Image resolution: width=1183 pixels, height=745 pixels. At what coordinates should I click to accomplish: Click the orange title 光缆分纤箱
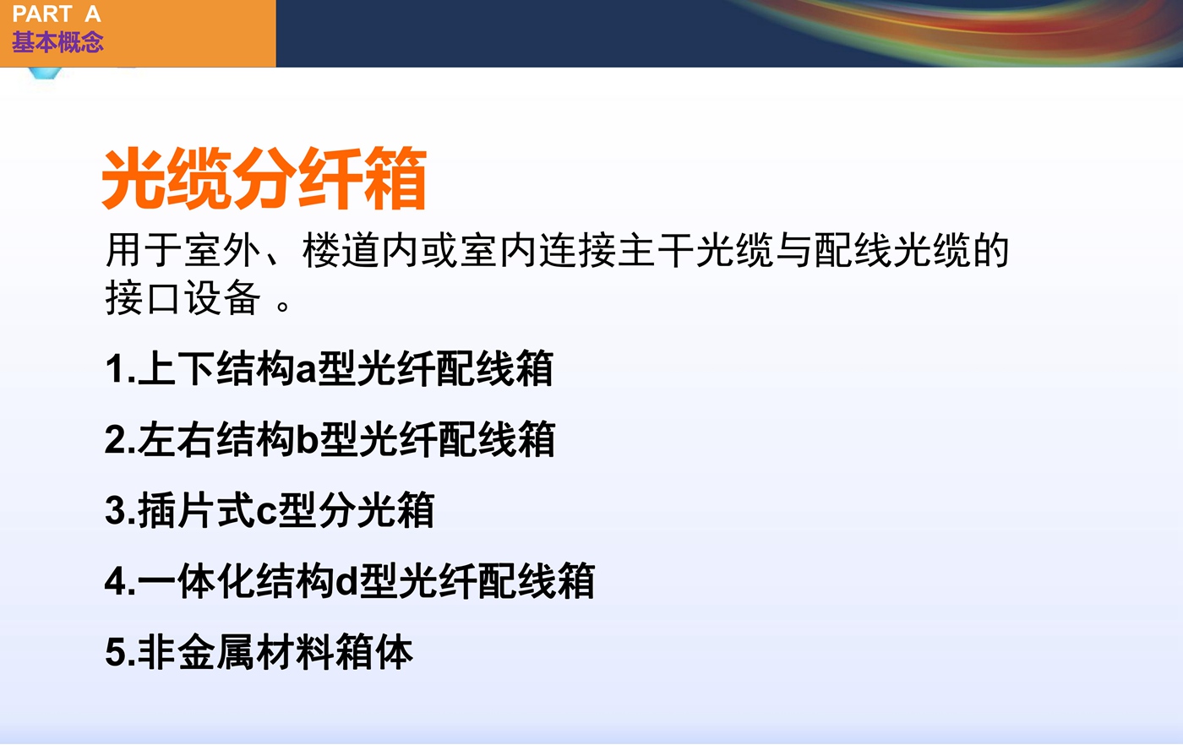[x=264, y=178]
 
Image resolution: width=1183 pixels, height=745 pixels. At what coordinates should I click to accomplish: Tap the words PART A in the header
[x=56, y=14]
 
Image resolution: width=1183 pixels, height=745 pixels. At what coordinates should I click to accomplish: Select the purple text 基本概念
[x=57, y=41]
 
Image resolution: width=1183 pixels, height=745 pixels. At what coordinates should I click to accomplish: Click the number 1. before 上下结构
[x=120, y=368]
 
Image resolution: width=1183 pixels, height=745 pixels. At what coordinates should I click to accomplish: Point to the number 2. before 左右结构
[x=120, y=439]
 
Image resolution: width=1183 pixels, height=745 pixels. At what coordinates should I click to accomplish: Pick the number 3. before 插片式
[x=120, y=510]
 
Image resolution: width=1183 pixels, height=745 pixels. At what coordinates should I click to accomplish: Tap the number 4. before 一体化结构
[x=120, y=582]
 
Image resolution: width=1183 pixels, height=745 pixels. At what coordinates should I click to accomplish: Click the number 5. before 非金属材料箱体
[x=120, y=653]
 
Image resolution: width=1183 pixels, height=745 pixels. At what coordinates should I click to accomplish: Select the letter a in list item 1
[x=306, y=371]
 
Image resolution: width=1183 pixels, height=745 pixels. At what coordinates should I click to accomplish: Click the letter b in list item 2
[x=307, y=439]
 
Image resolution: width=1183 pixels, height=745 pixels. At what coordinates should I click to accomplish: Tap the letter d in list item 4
[x=346, y=582]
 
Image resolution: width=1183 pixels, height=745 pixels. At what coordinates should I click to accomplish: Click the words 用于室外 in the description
[x=183, y=250]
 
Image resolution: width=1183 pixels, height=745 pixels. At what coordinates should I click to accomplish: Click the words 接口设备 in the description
[x=183, y=297]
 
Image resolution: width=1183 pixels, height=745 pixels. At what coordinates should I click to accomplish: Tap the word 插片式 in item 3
[x=196, y=510]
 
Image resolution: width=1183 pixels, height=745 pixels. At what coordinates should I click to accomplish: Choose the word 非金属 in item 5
[x=196, y=653]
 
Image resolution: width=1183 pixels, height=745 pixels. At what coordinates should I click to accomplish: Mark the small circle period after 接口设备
[x=283, y=306]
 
